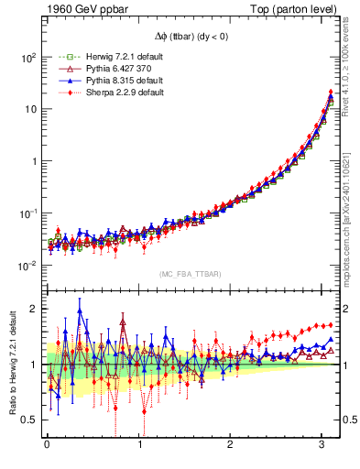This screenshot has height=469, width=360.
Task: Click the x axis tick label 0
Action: coord(47,446)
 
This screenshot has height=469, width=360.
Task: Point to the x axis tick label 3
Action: coord(323,446)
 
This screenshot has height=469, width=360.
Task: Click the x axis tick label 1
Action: coord(139,446)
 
